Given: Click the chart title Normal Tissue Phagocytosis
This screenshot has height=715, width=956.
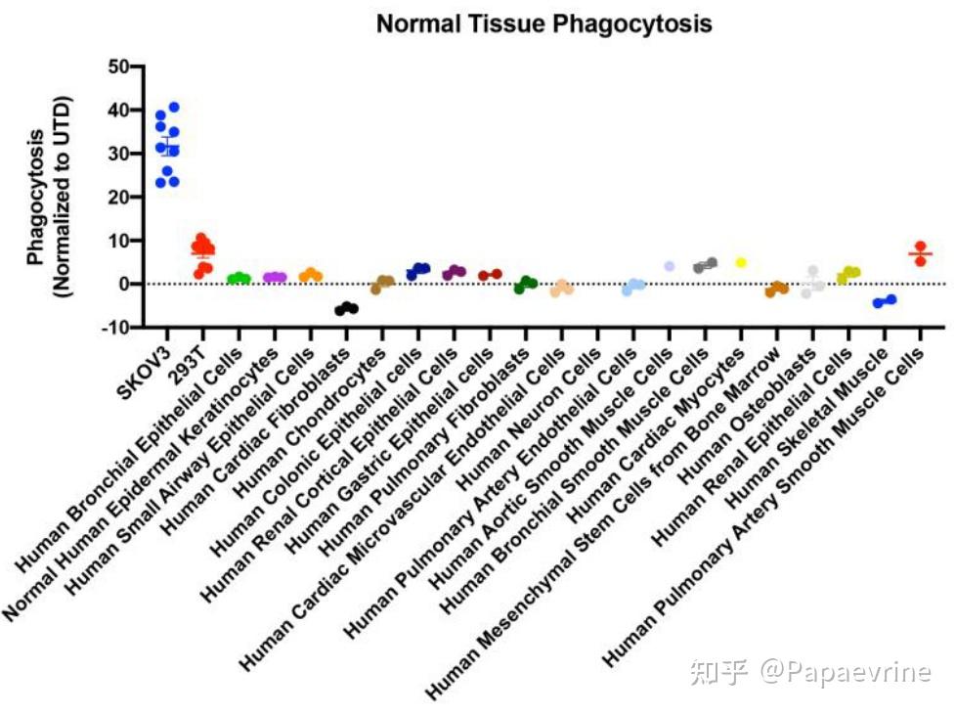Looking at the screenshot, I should tap(543, 23).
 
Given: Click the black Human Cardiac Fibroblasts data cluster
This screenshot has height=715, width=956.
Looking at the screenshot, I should tap(346, 308).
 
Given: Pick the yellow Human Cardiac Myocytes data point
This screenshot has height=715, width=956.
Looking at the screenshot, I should tap(741, 263).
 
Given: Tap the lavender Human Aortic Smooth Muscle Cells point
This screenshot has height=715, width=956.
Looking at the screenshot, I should tap(670, 266).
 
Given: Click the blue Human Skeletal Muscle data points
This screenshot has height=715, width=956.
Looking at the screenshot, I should tap(885, 301).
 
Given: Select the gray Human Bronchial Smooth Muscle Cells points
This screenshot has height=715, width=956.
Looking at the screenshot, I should tap(706, 265).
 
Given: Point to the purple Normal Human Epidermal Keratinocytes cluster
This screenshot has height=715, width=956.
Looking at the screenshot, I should tap(275, 278).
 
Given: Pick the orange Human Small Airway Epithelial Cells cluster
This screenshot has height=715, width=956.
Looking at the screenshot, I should tap(310, 276).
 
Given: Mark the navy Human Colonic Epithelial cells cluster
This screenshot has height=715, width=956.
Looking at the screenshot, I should tap(418, 271).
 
